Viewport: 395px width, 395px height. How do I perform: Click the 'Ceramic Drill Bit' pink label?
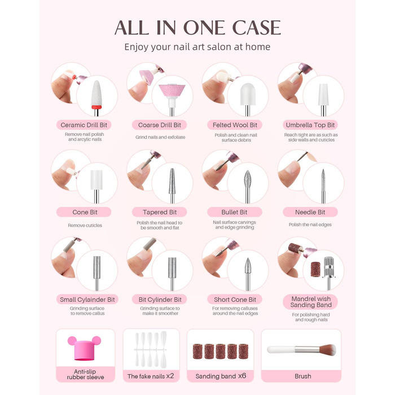point(84,125)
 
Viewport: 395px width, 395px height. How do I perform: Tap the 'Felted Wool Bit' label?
point(235,125)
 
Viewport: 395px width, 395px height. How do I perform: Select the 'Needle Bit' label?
point(310,212)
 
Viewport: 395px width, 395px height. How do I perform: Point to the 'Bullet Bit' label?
point(235,212)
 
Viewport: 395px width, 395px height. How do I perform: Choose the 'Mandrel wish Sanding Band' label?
point(310,302)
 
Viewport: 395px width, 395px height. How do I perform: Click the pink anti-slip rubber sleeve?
point(85,348)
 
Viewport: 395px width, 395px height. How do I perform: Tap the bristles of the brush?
point(327,350)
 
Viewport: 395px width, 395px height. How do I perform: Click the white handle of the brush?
point(281,349)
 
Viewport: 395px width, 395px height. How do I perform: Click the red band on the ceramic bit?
point(96,107)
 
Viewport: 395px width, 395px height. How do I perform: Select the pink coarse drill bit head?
point(172,90)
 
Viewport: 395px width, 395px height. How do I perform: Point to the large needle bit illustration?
point(323,186)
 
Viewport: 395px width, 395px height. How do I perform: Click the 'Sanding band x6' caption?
point(221,376)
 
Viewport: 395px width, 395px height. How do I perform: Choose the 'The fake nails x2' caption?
point(151,376)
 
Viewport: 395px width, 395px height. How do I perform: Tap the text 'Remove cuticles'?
point(85,226)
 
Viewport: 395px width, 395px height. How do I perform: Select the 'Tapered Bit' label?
point(160,212)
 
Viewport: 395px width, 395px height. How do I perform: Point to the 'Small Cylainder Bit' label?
point(87,300)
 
